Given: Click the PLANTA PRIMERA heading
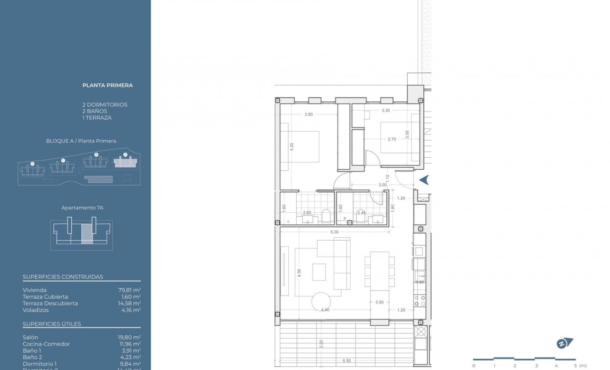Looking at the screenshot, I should (107, 85).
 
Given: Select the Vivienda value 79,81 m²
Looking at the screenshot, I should (129, 290).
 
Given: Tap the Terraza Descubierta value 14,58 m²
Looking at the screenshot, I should (129, 303).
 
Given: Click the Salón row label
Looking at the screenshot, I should (30, 338).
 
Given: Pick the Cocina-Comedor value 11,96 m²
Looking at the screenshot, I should (129, 344).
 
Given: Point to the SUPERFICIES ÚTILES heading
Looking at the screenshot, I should (52, 324).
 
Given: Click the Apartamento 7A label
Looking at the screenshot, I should (82, 208).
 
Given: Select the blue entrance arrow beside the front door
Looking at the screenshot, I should (424, 180).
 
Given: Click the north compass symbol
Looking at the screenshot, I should (564, 343).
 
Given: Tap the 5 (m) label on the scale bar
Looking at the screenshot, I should (579, 366).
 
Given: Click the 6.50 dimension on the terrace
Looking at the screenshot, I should (346, 360).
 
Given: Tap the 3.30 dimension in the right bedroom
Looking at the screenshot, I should (386, 111).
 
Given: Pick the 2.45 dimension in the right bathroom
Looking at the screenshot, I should (361, 213).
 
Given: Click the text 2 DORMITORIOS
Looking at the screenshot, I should (104, 105).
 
